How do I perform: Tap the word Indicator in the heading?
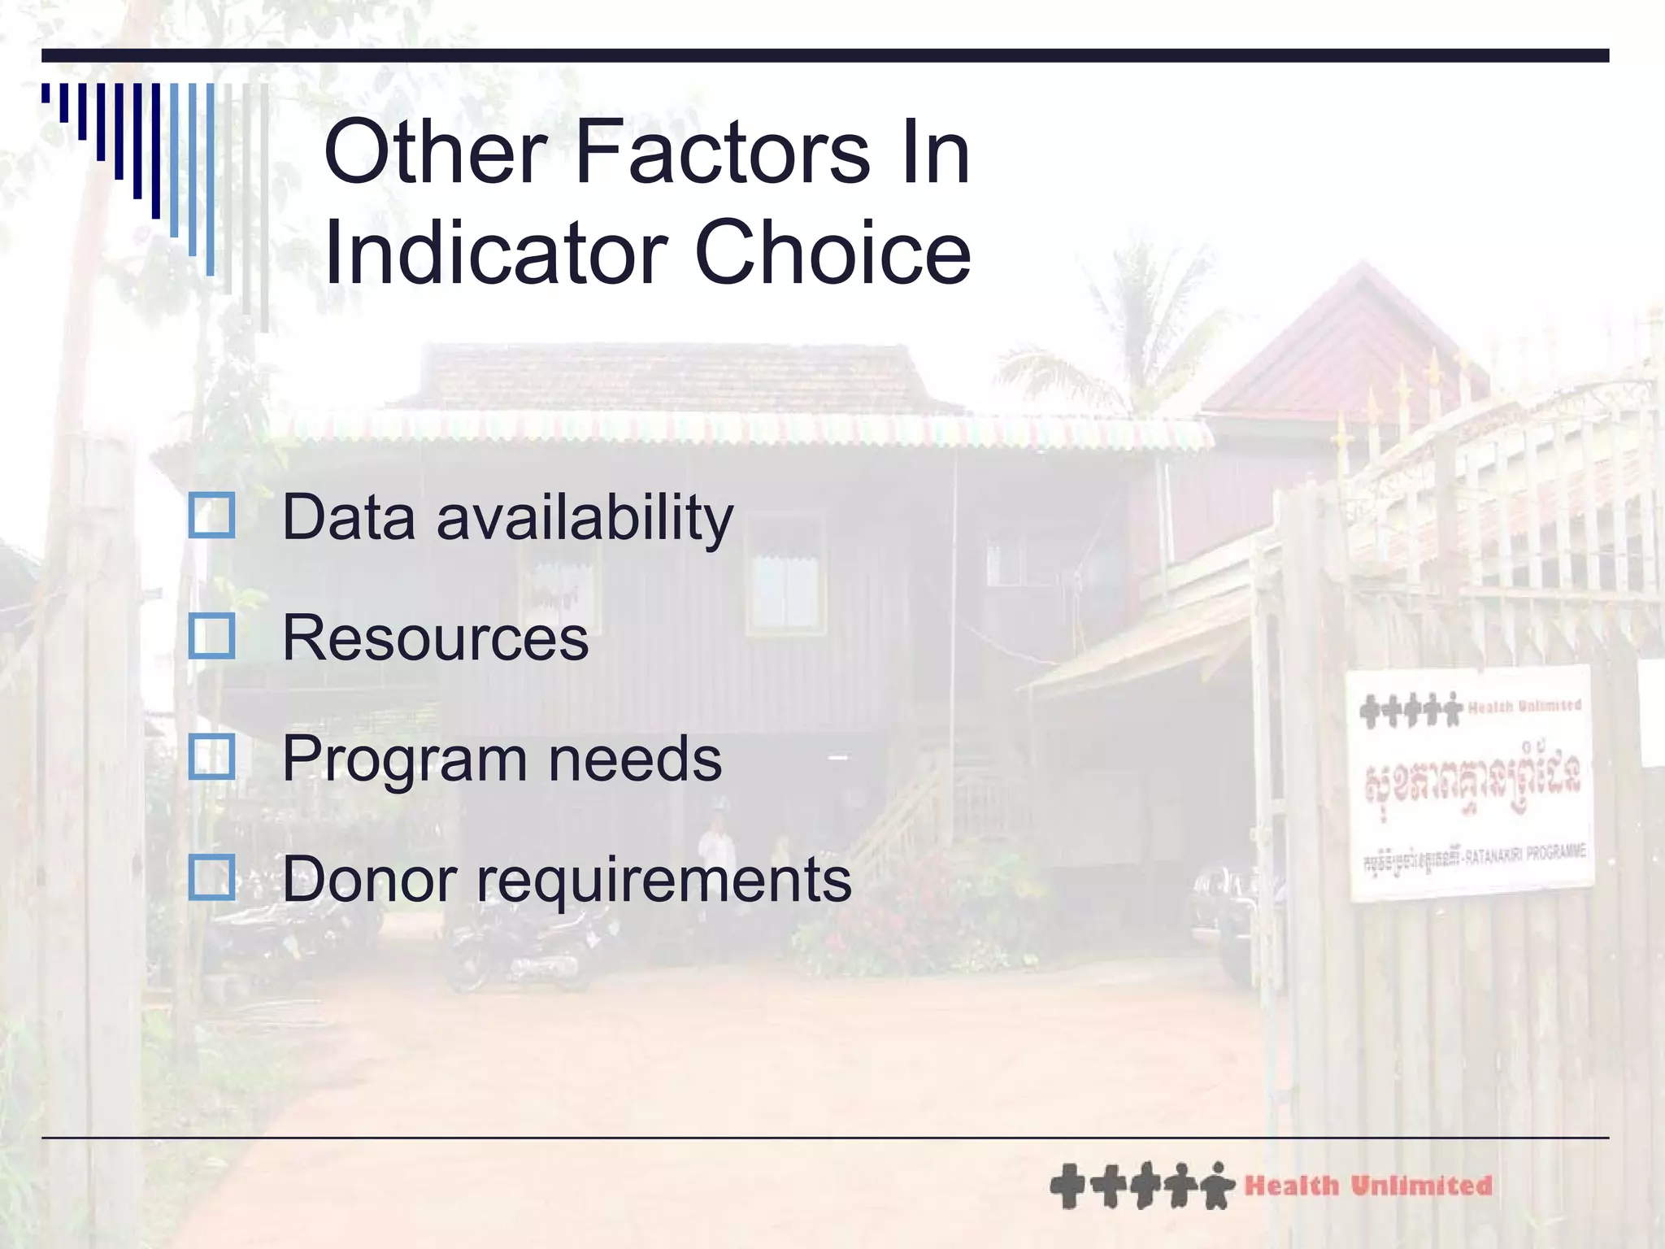pos(496,254)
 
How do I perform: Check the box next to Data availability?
pos(211,516)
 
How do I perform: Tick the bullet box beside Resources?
pos(211,636)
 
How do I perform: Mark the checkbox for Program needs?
pos(211,757)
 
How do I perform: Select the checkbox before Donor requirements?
pos(211,877)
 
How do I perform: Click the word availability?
pos(585,519)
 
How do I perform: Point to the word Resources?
pos(435,638)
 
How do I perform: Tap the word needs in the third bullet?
pos(635,759)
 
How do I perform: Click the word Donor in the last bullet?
pos(370,880)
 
